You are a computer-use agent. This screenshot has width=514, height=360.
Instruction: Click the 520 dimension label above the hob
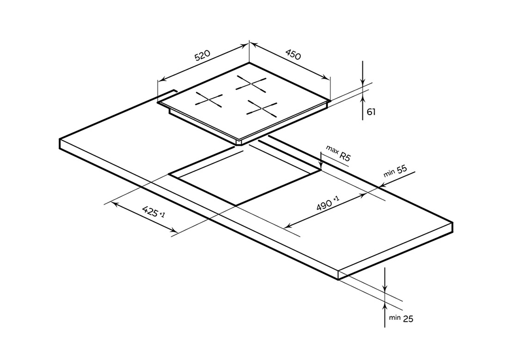(x=202, y=56)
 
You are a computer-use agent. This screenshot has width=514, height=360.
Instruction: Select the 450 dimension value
(x=293, y=54)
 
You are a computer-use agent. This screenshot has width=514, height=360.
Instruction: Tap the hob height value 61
(x=371, y=112)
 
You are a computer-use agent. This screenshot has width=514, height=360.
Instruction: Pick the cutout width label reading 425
(x=152, y=212)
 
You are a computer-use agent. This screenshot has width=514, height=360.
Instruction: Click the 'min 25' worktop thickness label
(x=401, y=318)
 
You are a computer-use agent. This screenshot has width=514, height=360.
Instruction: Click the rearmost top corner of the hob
(x=249, y=63)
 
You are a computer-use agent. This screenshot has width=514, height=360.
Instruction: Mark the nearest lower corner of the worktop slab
(x=338, y=280)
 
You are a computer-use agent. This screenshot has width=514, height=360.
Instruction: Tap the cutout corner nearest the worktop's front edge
(x=236, y=206)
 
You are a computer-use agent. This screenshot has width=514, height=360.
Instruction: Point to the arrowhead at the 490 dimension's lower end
(x=285, y=227)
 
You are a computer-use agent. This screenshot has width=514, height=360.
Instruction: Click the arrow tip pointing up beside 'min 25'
(x=385, y=302)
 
